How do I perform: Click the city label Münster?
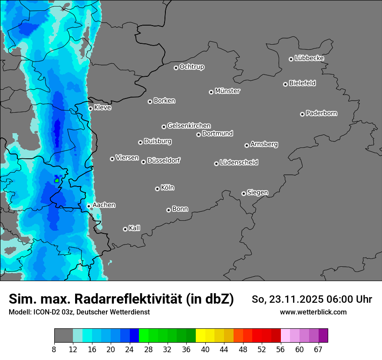pyautogui.click(x=227, y=91)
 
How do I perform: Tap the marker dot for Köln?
pyautogui.click(x=157, y=189)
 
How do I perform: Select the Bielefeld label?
pyautogui.click(x=302, y=83)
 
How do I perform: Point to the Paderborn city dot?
pyautogui.click(x=302, y=114)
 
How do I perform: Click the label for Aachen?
pyautogui.click(x=104, y=205)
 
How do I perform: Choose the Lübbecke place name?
pyautogui.click(x=309, y=58)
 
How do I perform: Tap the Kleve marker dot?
pyautogui.click(x=90, y=108)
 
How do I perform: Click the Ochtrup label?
pyautogui.click(x=192, y=67)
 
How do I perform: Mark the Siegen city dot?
pyautogui.click(x=244, y=193)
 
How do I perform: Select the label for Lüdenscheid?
pyautogui.click(x=239, y=163)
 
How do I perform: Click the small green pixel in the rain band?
pyautogui.click(x=57, y=180)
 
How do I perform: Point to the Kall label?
pyautogui.click(x=135, y=228)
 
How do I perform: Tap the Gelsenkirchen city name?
pyautogui.click(x=189, y=126)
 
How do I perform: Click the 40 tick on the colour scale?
pyautogui.click(x=205, y=349)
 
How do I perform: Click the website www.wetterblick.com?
pyautogui.click(x=313, y=312)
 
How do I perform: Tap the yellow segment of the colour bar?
pyautogui.click(x=200, y=336)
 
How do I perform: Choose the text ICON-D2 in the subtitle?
pyautogui.click(x=45, y=312)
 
